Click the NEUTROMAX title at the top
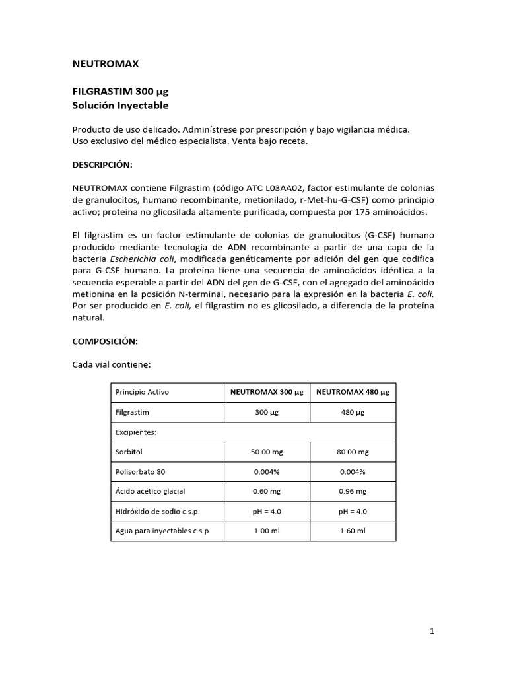coord(105,64)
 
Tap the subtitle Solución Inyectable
coord(119,105)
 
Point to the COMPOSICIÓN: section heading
coord(104,341)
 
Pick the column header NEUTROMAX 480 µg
coord(353,391)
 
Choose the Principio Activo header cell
coord(142,391)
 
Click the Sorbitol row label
coord(129,452)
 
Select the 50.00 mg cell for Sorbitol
coord(267,452)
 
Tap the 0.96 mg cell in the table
coord(353,492)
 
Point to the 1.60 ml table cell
coord(353,531)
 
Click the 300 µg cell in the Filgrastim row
coord(267,412)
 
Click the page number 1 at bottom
coord(432,631)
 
